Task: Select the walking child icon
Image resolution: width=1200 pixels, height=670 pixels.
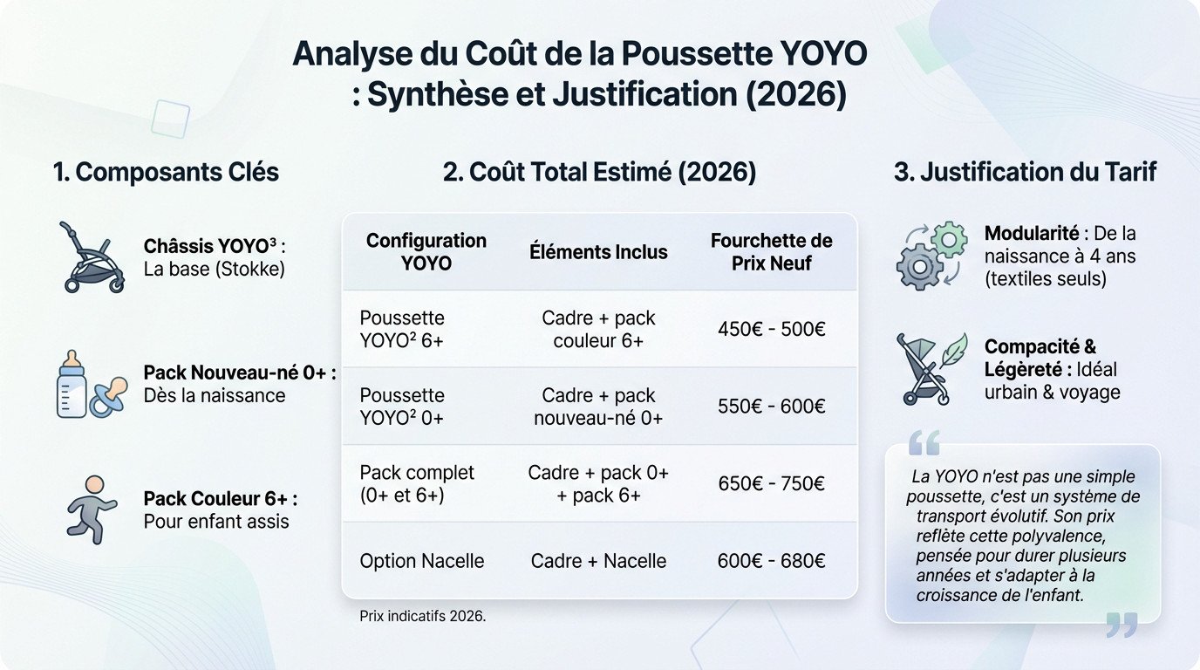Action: (x=92, y=509)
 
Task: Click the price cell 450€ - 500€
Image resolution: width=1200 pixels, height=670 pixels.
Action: (x=771, y=330)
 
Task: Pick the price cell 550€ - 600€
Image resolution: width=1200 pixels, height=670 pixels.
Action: (x=771, y=407)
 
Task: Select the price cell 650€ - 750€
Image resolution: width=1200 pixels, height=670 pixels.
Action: (x=771, y=483)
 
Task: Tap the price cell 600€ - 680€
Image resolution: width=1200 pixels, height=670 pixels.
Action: (x=771, y=561)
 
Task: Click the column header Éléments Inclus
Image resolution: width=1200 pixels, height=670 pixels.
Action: (x=598, y=252)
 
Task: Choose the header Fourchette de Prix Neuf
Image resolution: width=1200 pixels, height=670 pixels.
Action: (x=771, y=251)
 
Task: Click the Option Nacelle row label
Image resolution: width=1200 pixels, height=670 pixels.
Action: (x=422, y=561)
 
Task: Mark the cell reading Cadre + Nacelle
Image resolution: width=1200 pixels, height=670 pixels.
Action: (x=598, y=561)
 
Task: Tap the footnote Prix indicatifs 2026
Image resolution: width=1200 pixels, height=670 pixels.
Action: (x=423, y=616)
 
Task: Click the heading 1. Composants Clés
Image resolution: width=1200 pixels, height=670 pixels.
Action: (x=166, y=172)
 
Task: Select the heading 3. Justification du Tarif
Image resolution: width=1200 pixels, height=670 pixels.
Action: (x=1025, y=172)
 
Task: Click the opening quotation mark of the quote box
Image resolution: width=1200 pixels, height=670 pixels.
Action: (x=924, y=443)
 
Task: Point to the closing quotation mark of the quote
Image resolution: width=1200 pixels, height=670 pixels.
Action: (x=1122, y=624)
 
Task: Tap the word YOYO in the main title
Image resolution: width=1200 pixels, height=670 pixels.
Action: (x=820, y=54)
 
